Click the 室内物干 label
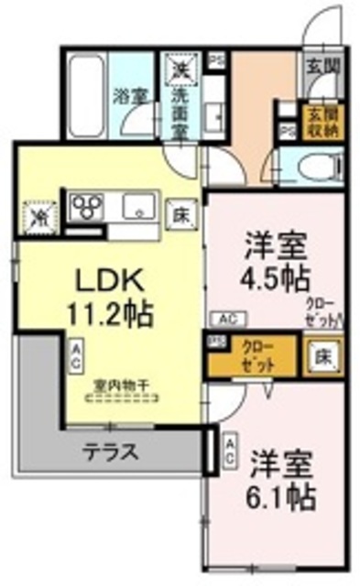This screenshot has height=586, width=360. (118, 386)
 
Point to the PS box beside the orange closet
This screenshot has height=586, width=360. (216, 342)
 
